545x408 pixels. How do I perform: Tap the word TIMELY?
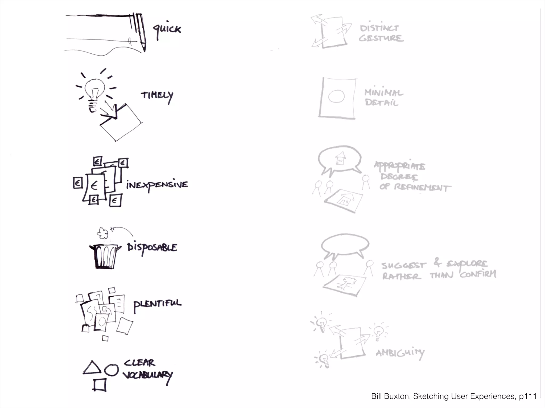[x=157, y=96]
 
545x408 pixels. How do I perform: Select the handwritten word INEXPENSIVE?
[x=157, y=185]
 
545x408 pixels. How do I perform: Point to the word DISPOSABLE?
[x=152, y=248]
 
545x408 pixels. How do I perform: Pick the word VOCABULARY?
[x=147, y=375]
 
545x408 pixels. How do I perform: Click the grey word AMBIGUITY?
[x=400, y=353]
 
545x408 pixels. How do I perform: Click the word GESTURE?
[x=381, y=38]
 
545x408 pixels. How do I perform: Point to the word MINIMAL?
[x=384, y=93]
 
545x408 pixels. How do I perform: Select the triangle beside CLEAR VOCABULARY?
[x=92, y=368]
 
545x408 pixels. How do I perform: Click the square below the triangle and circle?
[x=100, y=385]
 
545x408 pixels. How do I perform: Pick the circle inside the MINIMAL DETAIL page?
[x=336, y=96]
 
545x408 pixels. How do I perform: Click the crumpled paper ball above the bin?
[x=102, y=233]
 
